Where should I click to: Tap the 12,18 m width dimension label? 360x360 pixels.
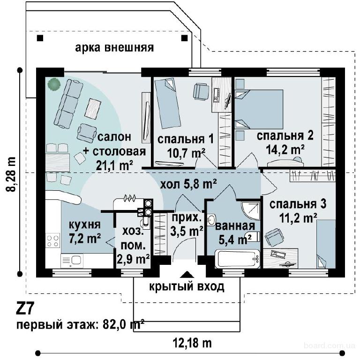[x=192, y=343]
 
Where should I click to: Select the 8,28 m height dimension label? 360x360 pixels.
[x=11, y=174]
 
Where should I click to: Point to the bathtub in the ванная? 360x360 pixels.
[x=238, y=259]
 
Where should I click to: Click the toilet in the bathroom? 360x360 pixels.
[x=252, y=236]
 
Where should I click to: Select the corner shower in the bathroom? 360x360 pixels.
[x=251, y=210]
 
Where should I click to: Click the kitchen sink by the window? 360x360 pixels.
[x=72, y=261]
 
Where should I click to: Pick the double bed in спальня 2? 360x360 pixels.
[x=259, y=109]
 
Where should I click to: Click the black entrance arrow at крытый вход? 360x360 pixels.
[x=187, y=275]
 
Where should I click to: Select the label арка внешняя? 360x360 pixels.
[x=114, y=48]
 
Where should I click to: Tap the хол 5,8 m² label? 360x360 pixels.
[x=188, y=185]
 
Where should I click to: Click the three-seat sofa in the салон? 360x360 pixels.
[x=68, y=104]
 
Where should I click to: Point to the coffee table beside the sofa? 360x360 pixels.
[x=93, y=108]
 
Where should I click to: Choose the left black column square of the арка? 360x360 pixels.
[x=40, y=38]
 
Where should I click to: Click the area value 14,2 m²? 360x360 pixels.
[x=285, y=150]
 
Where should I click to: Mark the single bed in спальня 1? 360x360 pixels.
[x=168, y=103]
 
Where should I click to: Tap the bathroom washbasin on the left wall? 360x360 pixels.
[x=211, y=220]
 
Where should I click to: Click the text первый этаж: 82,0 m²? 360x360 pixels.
[x=80, y=325]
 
